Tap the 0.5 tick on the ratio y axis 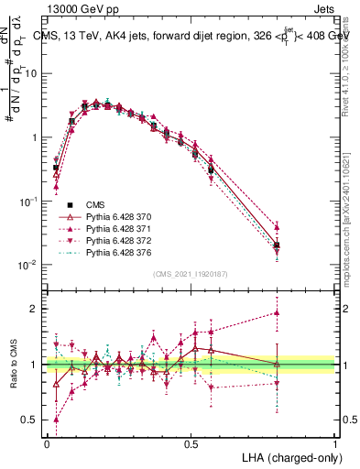pos(27,420)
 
